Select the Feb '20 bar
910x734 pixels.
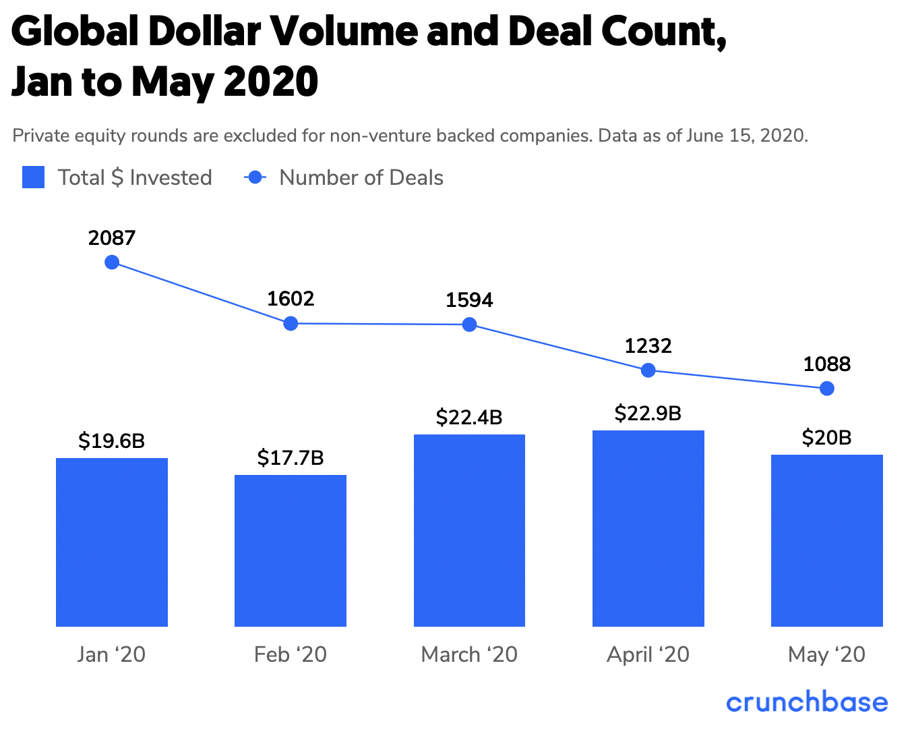coord(291,550)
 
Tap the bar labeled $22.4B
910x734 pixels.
coord(469,530)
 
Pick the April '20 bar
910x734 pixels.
coord(648,528)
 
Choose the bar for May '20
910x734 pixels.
coord(826,540)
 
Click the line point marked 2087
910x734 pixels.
coord(113,262)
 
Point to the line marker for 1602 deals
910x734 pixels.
coord(291,323)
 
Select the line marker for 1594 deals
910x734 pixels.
coord(470,324)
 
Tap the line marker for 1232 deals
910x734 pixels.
coord(648,370)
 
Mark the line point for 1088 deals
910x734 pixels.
coord(827,389)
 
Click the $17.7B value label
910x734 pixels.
coord(291,458)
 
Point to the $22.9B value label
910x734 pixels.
coord(648,413)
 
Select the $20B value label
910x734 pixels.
coord(826,438)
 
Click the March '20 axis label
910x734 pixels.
coord(469,654)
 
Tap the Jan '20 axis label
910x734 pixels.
coord(112,654)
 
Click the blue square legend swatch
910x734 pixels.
coord(34,177)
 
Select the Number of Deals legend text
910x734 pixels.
coord(361,177)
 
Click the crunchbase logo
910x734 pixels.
coord(807,702)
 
